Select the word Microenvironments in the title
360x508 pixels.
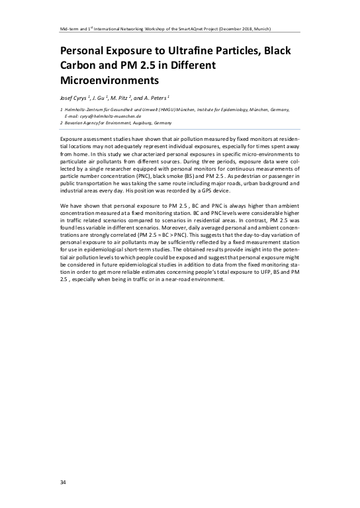pos(111,81)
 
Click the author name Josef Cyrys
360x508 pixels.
pos(73,98)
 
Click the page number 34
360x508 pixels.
pos(62,482)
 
